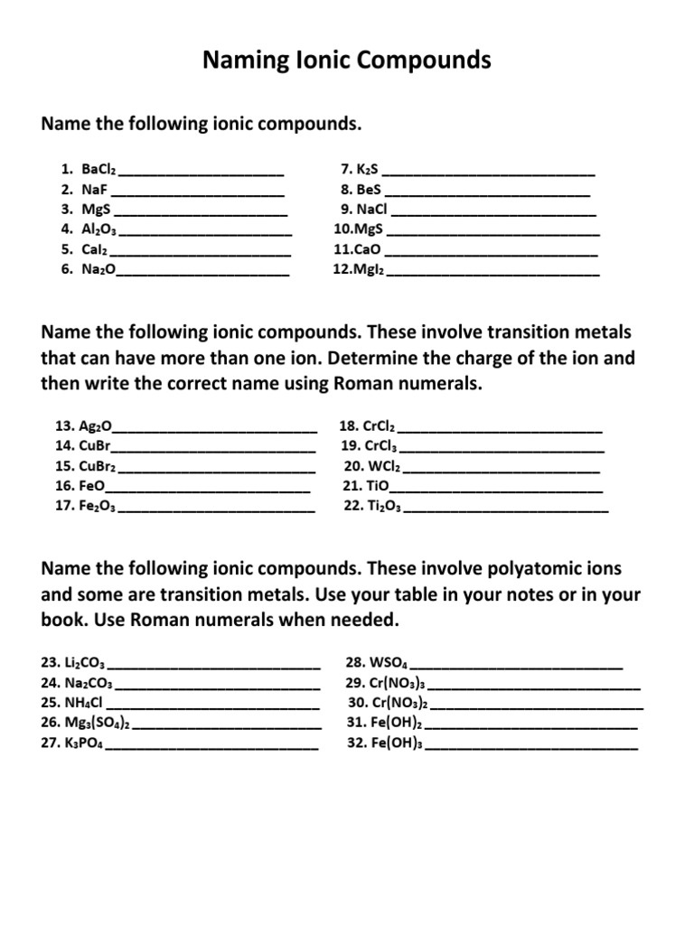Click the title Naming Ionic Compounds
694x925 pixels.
tap(347, 61)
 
